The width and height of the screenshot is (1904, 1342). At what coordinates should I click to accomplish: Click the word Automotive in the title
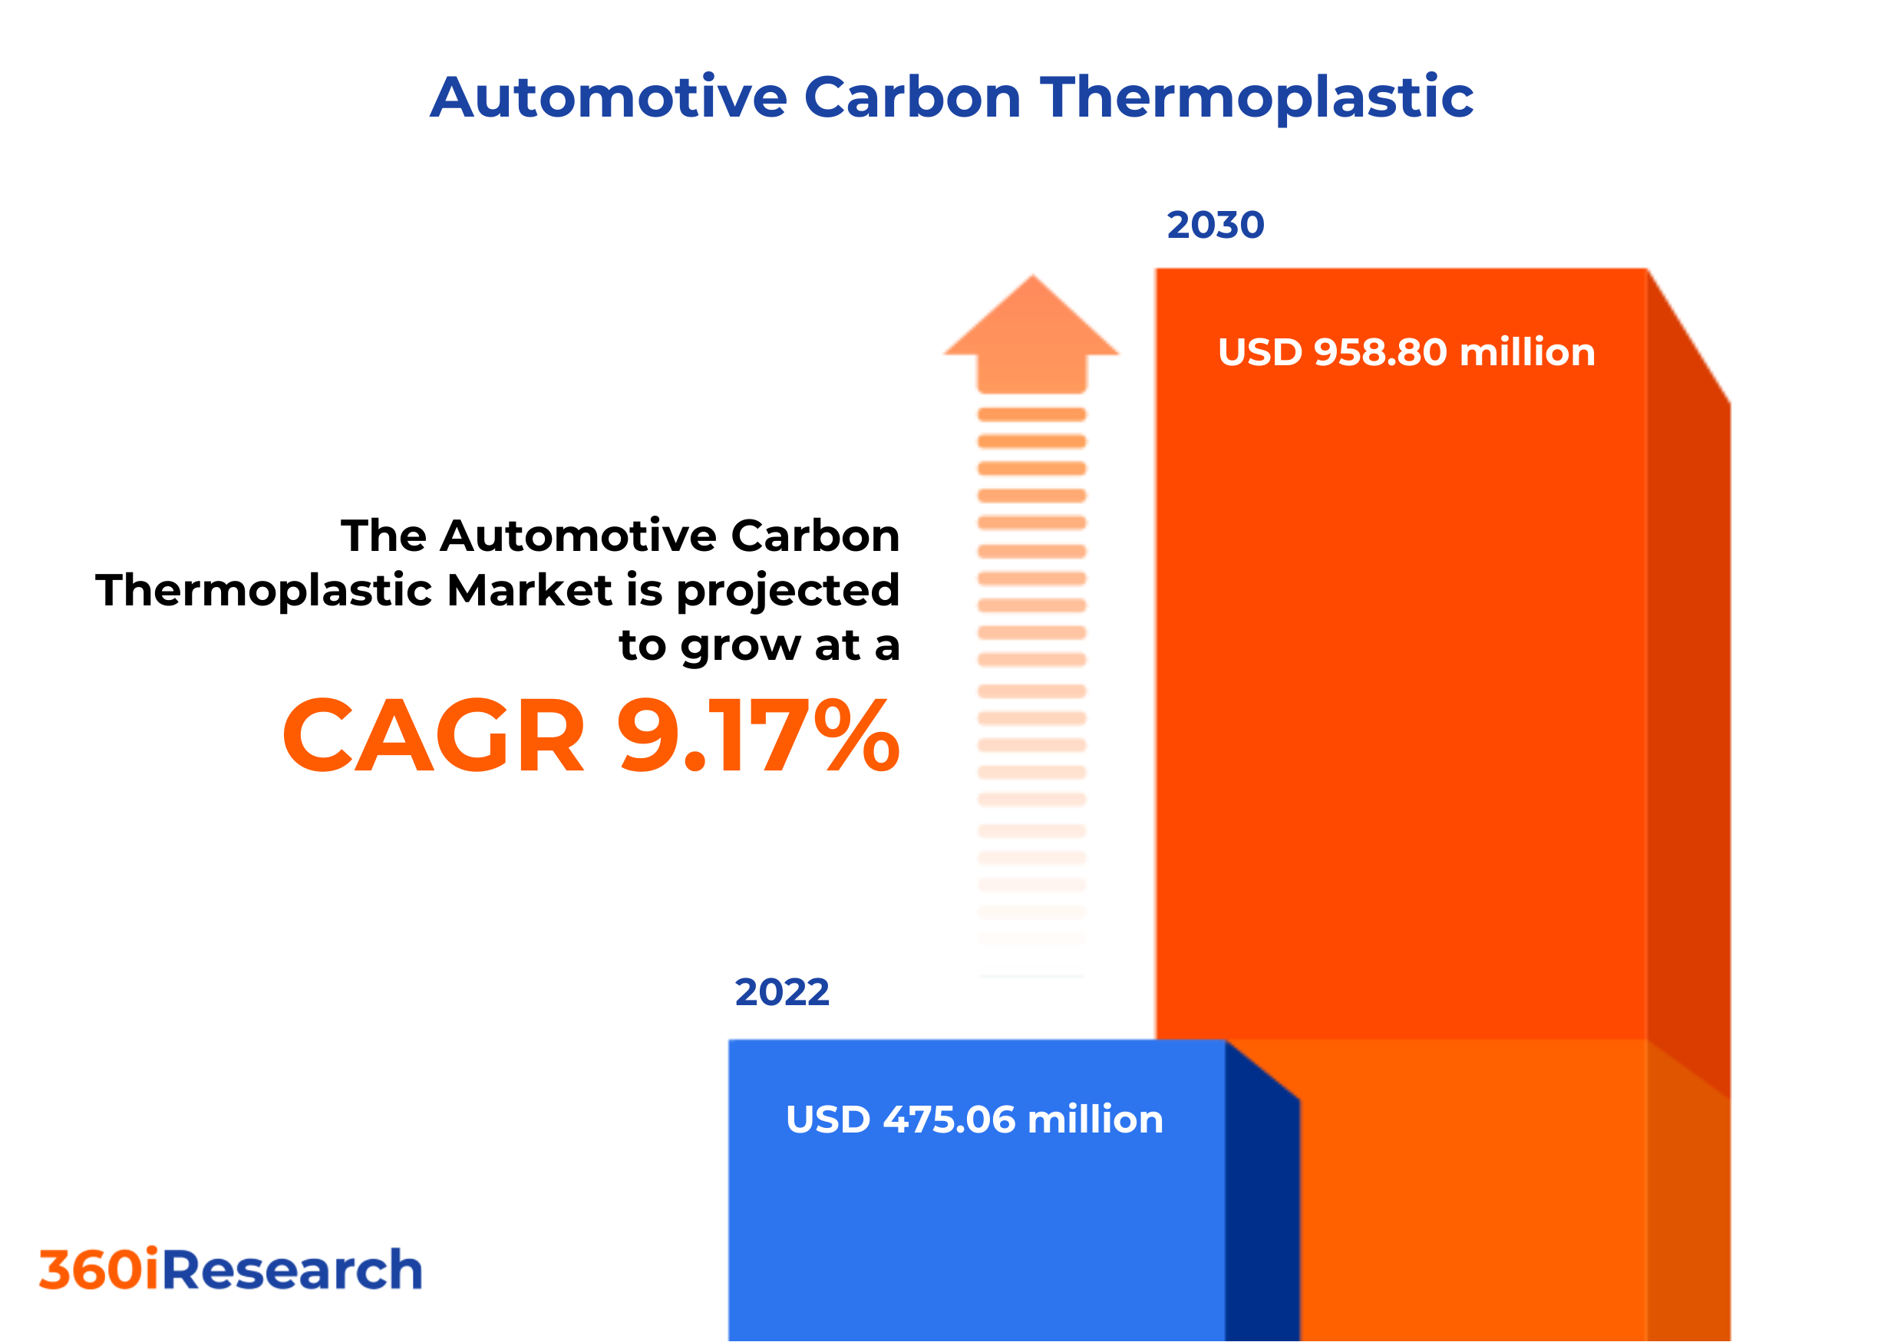(x=608, y=97)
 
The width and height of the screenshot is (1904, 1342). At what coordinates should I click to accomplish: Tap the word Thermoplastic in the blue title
(x=1256, y=97)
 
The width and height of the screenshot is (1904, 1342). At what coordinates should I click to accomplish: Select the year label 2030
(x=1215, y=226)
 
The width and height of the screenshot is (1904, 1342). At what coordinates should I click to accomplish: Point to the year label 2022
(x=781, y=992)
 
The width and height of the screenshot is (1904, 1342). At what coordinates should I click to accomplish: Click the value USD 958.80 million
(x=1406, y=352)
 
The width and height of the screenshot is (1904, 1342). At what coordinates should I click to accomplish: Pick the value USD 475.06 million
(x=974, y=1119)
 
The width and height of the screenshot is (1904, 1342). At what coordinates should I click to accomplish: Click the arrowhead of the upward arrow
(x=1031, y=319)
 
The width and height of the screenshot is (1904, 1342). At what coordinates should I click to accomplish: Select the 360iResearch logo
(x=230, y=1270)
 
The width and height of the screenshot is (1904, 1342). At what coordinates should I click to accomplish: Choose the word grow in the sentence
(x=742, y=647)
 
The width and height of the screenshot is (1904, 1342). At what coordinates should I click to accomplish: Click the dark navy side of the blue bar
(x=1262, y=1210)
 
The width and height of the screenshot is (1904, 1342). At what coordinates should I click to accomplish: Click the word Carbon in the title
(x=912, y=97)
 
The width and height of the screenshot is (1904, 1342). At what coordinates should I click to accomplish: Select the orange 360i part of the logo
(x=100, y=1270)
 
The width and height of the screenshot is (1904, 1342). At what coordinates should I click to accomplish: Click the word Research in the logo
(x=292, y=1270)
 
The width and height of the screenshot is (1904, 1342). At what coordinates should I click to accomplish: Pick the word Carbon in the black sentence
(x=815, y=536)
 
